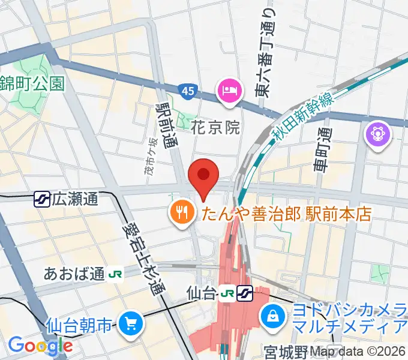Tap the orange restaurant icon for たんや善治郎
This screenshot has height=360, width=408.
tap(181, 212)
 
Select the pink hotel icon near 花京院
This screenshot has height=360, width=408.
tap(229, 92)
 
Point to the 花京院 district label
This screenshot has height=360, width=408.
tap(216, 127)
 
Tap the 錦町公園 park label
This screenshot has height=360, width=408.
tap(32, 83)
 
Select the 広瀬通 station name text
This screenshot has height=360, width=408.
tap(75, 199)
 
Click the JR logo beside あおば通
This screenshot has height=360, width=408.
tap(115, 275)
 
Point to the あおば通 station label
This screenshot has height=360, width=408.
tap(74, 274)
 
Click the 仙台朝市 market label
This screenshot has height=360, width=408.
tap(79, 326)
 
